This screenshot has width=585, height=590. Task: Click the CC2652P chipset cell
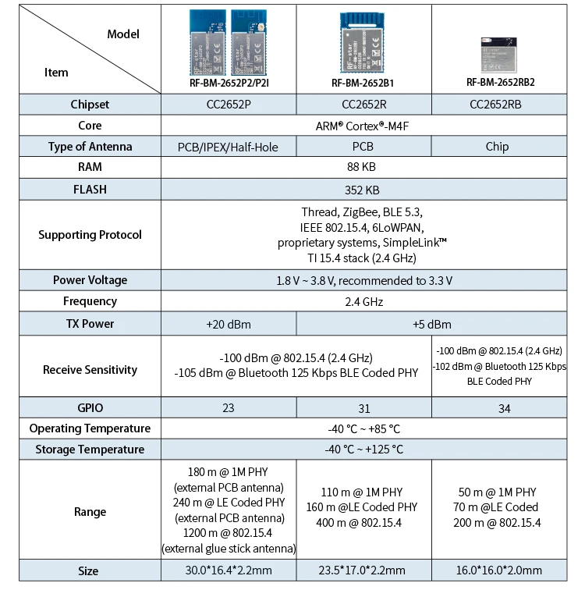[x=228, y=105]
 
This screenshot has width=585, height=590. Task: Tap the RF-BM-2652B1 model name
[x=363, y=82]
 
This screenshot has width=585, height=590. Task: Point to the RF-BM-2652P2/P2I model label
[x=228, y=82]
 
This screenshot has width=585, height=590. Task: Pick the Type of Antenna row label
[x=90, y=147]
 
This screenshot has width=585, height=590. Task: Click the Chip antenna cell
[x=497, y=147]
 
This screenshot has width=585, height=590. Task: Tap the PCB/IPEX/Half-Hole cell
[x=228, y=147]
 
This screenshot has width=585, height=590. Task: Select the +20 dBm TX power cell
[x=228, y=324]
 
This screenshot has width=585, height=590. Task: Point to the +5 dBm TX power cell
[x=431, y=324]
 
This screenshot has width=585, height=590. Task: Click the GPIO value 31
[x=363, y=407]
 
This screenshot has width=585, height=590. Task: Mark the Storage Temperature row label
[x=90, y=450]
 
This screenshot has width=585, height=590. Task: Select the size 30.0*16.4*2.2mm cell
[x=228, y=570]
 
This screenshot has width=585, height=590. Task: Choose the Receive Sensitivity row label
[x=90, y=370]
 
